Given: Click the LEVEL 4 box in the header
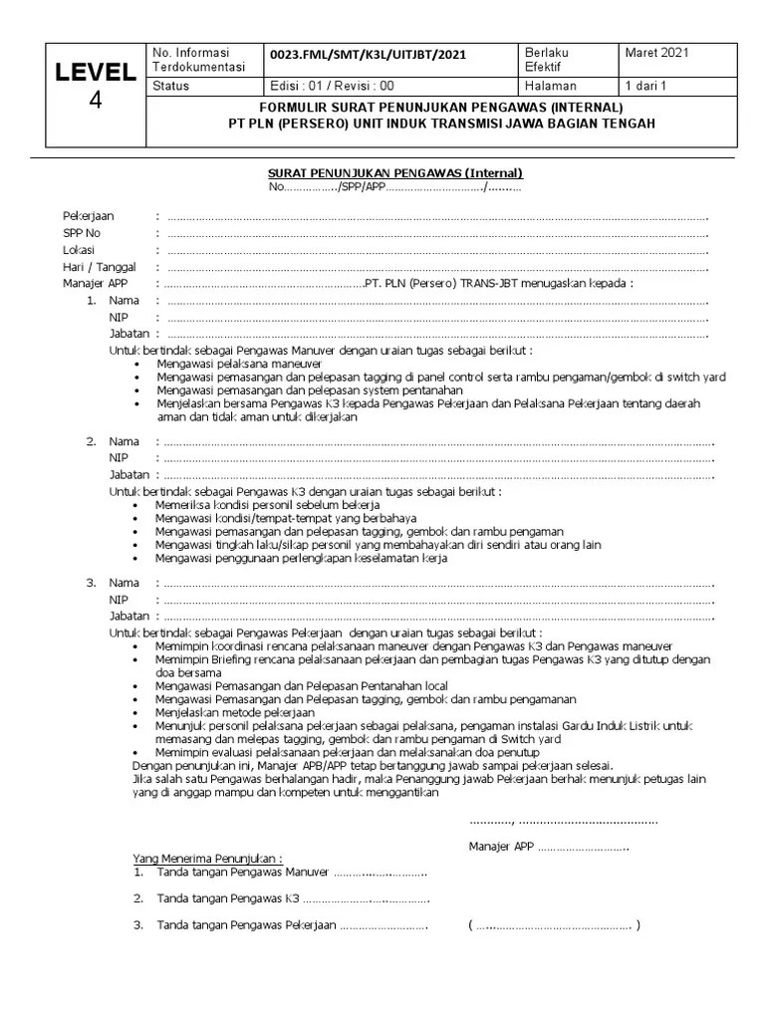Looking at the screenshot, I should pos(95,86).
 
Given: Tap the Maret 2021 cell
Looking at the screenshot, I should pos(657,53).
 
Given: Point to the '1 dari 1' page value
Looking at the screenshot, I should pos(644,86).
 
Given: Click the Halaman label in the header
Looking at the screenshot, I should pos(550,86).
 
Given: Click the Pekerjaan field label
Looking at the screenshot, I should pos(88,216).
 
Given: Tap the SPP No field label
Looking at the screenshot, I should pos(83,233).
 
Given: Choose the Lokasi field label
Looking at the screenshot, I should pos(79,250).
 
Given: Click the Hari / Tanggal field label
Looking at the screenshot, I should pos(99,267).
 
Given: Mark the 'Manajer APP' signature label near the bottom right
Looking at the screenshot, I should pos(502,847).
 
